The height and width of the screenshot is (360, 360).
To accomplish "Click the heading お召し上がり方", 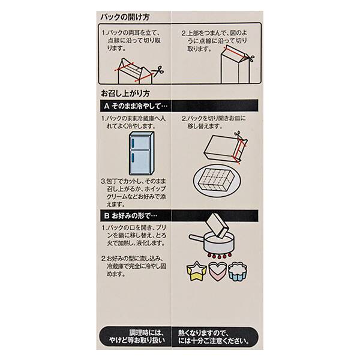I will click(x=125, y=94).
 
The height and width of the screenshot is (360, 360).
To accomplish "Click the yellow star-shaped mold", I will click(x=199, y=271).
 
